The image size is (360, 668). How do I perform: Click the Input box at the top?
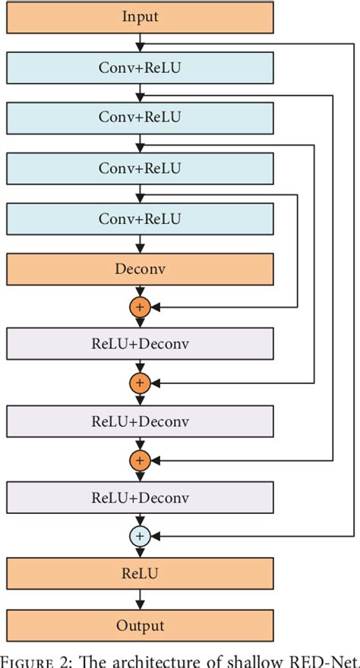[x=140, y=16]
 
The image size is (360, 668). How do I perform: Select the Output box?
[x=140, y=625]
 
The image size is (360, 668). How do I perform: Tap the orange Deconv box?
[x=140, y=269]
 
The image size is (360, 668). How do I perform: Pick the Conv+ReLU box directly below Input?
[x=140, y=68]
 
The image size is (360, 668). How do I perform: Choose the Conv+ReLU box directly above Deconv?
[x=140, y=219]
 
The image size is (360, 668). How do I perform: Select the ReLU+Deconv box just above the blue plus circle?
[x=140, y=498]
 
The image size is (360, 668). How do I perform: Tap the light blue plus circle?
[x=140, y=537]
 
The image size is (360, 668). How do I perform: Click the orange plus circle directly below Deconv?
[x=140, y=307]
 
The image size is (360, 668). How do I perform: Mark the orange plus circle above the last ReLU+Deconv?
[x=140, y=460]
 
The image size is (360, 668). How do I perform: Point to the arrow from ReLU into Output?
[x=140, y=600]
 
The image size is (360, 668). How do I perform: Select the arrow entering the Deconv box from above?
[x=140, y=244]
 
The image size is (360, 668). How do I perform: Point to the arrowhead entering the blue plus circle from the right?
[x=154, y=537]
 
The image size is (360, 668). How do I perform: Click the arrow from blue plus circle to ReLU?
[x=140, y=553]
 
